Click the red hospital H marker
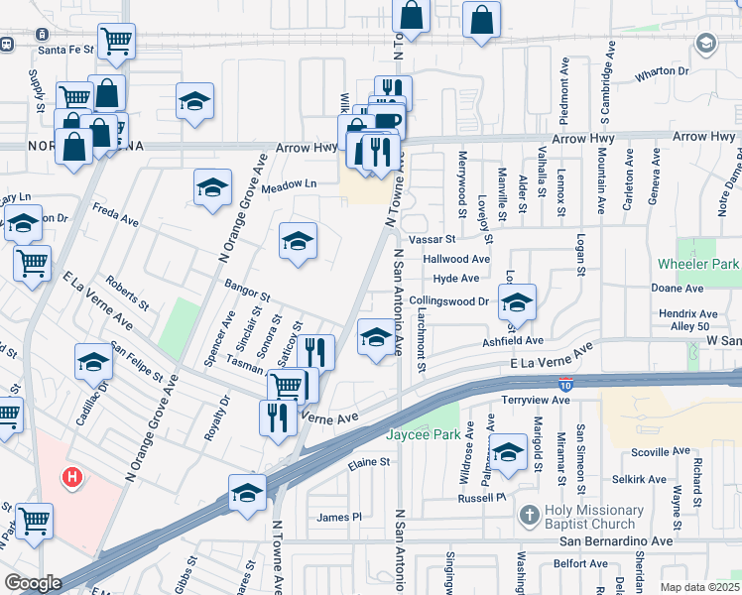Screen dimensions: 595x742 coord(71,478)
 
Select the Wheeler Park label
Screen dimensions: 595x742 coord(698,264)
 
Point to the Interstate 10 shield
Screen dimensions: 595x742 coord(562,386)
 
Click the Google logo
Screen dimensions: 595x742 coord(33,583)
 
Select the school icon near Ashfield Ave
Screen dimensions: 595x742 coord(516,302)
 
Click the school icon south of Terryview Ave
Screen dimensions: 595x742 coord(509,452)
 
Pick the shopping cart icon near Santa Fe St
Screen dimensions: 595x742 coord(116,42)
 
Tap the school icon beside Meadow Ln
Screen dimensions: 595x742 coord(212,187)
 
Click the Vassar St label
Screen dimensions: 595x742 coord(431,239)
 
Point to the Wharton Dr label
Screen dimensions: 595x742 coord(662,71)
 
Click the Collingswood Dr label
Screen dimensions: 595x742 coord(449,300)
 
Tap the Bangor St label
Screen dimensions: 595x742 coord(247,295)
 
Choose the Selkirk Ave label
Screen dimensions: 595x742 coord(639,479)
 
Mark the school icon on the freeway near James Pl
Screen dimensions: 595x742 coord(247,493)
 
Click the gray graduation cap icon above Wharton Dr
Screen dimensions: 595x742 coord(706,44)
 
